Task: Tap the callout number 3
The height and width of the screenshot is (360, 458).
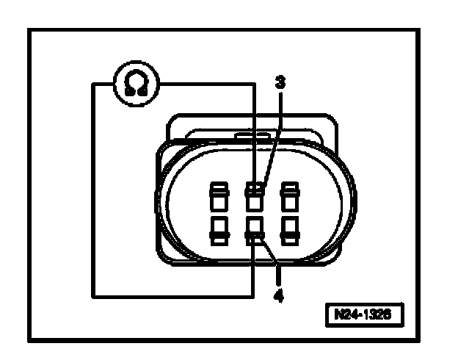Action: click(279, 82)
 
